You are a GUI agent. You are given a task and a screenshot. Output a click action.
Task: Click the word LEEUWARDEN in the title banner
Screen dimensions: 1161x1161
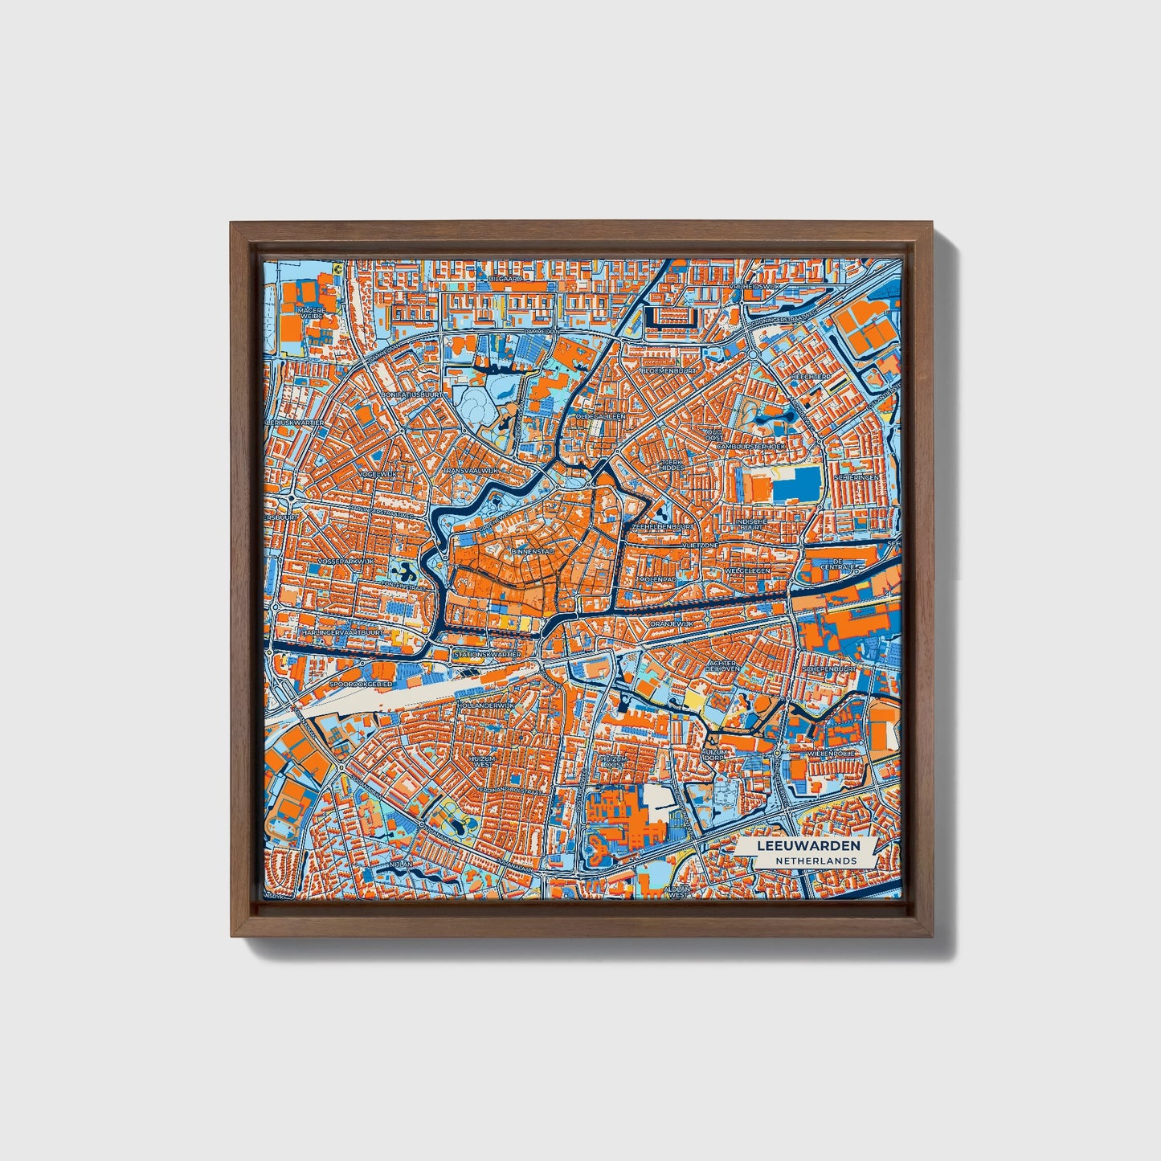(x=808, y=846)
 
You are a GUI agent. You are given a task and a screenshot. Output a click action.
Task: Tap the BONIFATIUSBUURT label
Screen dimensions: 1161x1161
(x=412, y=395)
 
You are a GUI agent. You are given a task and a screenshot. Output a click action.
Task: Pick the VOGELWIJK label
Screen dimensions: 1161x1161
(x=379, y=475)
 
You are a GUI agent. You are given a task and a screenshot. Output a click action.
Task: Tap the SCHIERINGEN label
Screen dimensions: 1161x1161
(x=856, y=477)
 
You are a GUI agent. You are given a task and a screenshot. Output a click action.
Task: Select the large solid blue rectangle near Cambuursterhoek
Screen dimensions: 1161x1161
(x=795, y=483)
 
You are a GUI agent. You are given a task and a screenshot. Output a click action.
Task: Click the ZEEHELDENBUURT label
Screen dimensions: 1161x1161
(x=664, y=526)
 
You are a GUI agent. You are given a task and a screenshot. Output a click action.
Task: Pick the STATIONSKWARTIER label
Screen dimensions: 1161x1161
(x=488, y=654)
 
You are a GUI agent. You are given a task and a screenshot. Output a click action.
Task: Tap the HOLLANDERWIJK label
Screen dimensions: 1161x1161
(x=484, y=705)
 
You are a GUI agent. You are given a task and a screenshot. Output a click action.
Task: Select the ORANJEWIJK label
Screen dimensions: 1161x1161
(x=672, y=623)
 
